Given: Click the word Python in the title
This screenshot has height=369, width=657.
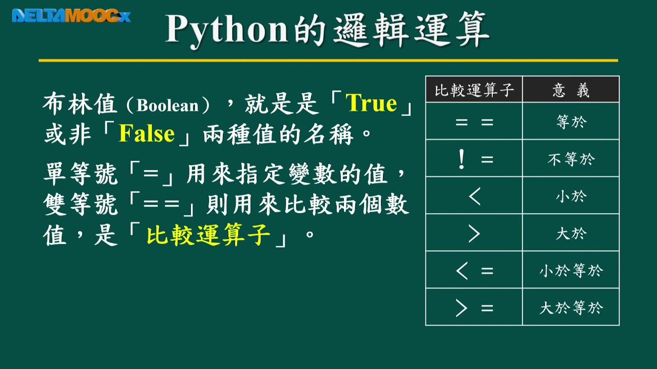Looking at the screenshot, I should (226, 30).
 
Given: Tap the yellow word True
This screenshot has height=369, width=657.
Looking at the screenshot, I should (372, 104).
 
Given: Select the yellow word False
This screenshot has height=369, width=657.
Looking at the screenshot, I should (147, 134).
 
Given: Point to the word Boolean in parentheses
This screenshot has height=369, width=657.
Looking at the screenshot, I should (168, 106).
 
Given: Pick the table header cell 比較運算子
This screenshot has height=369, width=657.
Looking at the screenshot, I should (474, 90).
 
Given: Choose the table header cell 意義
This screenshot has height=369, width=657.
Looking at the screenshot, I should (571, 90).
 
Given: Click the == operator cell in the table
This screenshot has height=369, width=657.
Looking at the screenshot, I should (474, 122).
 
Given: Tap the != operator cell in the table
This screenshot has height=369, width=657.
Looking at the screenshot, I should (474, 159).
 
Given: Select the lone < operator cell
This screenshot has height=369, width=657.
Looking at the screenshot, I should (474, 196).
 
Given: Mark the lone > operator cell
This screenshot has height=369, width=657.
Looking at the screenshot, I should (474, 234).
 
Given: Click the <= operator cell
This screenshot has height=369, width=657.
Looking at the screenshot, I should (474, 271).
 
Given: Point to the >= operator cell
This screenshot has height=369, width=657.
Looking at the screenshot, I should (474, 308).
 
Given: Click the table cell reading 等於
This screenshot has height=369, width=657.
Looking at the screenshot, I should (571, 122).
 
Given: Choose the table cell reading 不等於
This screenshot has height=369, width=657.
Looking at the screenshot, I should (571, 159).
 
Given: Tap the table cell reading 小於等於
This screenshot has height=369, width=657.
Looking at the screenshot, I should (571, 271).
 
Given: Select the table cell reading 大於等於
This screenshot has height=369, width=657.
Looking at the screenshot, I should (571, 308).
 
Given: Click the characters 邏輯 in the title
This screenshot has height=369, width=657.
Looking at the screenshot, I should (371, 30).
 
